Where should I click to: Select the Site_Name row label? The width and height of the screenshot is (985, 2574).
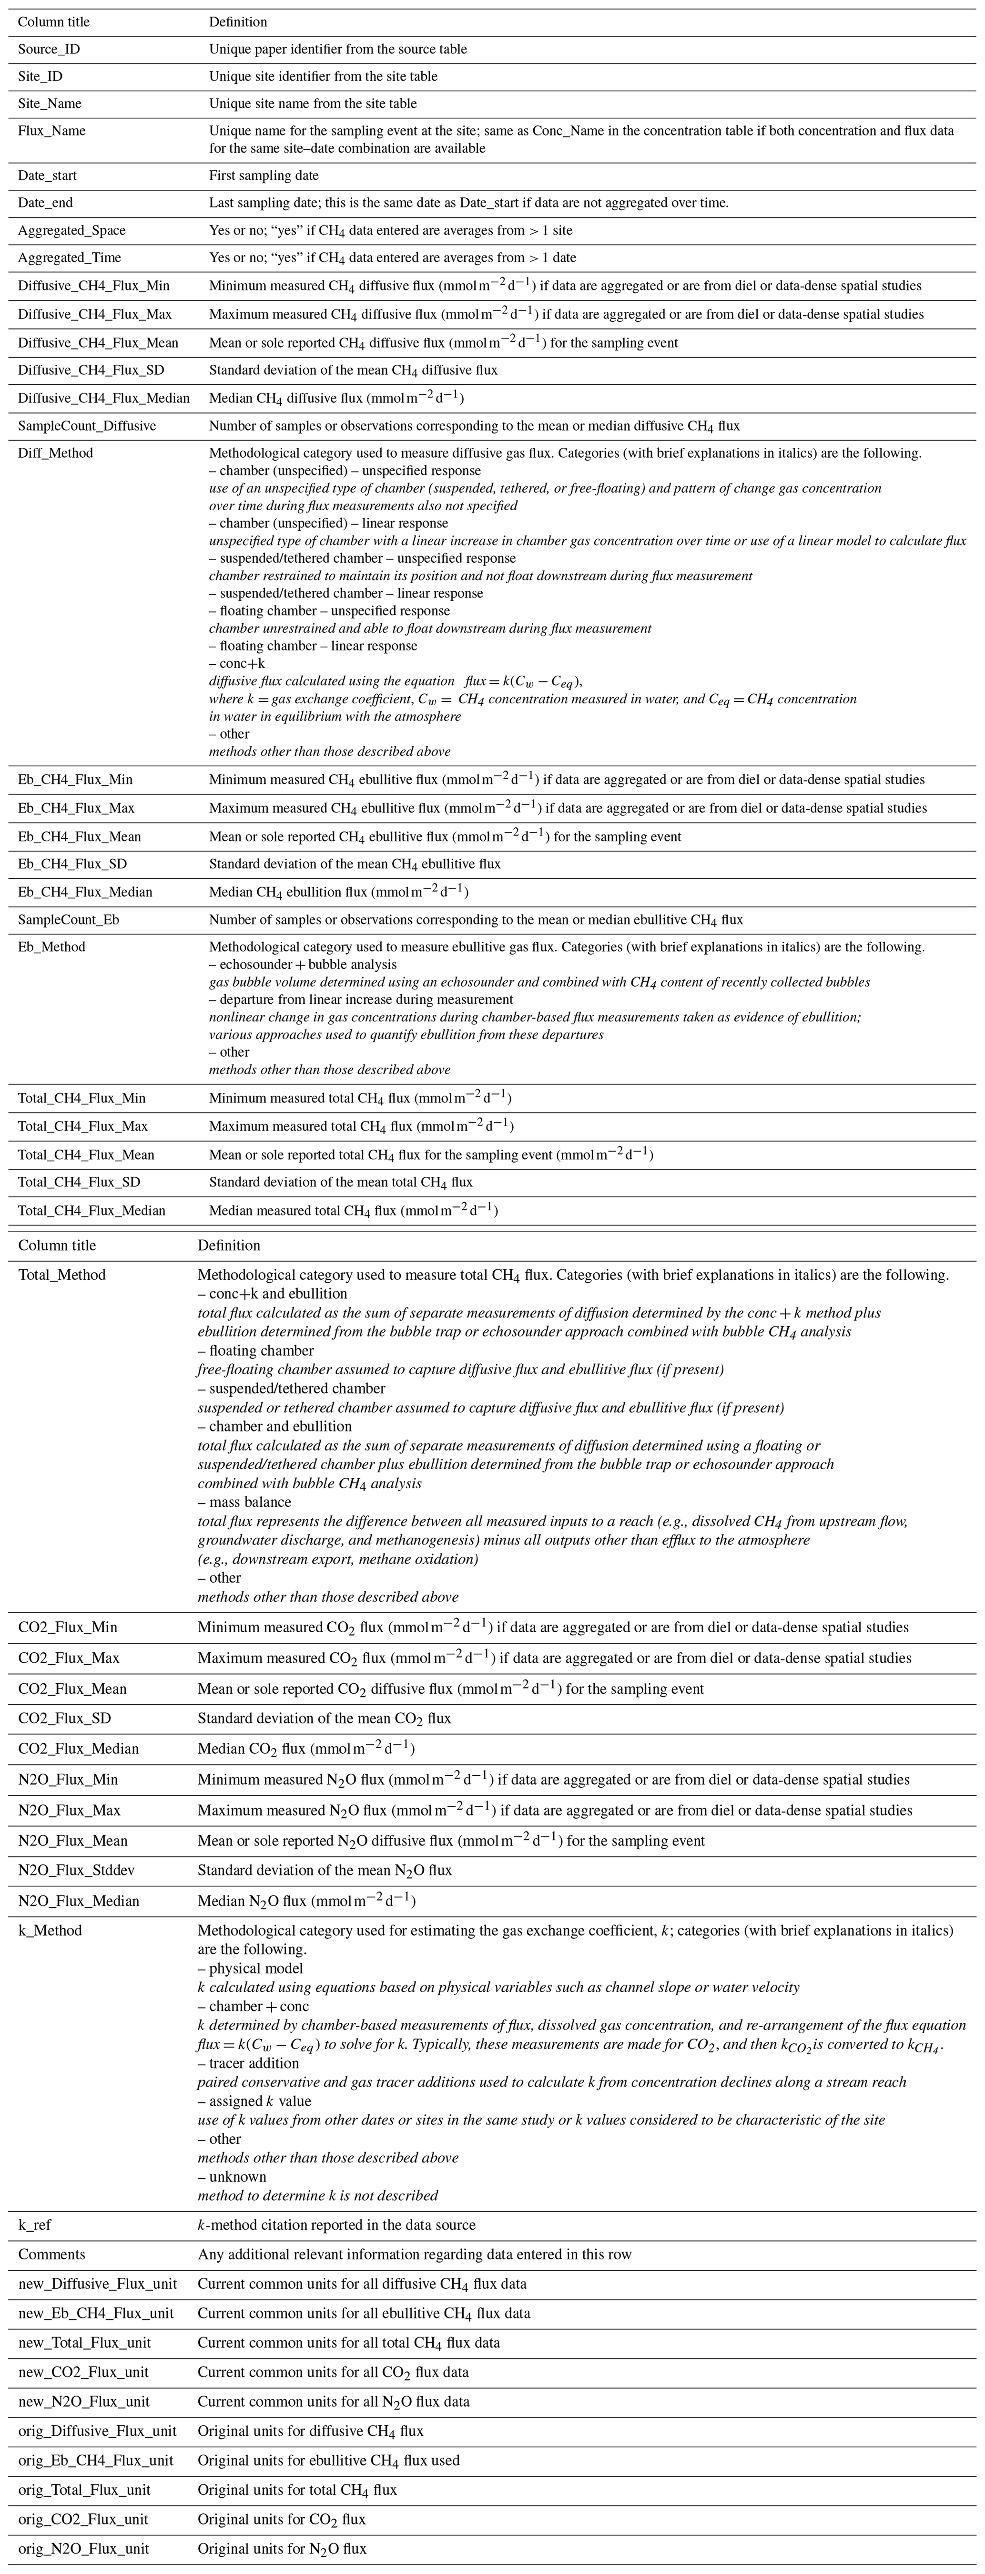pos(50,104)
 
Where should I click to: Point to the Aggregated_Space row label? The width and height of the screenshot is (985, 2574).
pos(72,231)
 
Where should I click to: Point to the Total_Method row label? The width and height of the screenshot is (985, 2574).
pos(62,1275)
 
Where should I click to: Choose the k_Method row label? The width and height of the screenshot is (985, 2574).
pos(50,1930)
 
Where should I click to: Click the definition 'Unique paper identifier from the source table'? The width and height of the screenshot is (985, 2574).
pos(338,49)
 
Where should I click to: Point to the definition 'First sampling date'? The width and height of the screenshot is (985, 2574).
pos(264,176)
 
